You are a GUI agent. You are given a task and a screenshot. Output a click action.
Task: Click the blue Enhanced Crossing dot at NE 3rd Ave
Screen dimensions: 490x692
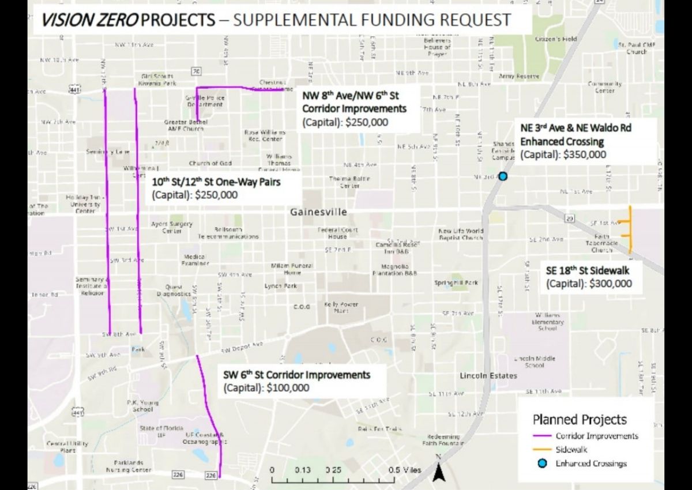click(503, 176)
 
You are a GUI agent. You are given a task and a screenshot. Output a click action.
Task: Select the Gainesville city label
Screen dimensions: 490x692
click(319, 212)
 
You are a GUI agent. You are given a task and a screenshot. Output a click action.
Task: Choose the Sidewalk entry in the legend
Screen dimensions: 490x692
click(571, 450)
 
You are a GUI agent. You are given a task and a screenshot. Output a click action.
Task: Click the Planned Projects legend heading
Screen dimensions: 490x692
click(580, 420)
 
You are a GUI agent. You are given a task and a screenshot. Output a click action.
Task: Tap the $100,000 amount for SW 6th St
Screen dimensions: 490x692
click(288, 388)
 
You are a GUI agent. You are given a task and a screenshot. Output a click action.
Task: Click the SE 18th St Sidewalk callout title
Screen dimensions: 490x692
click(588, 270)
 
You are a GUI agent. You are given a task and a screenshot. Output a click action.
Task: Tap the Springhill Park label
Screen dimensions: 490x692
click(456, 283)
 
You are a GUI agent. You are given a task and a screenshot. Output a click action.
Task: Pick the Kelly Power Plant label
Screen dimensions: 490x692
click(341, 307)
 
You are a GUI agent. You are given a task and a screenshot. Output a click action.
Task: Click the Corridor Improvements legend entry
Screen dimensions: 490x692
click(596, 436)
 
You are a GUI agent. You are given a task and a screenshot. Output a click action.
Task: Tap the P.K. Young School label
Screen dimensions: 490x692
click(142, 406)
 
